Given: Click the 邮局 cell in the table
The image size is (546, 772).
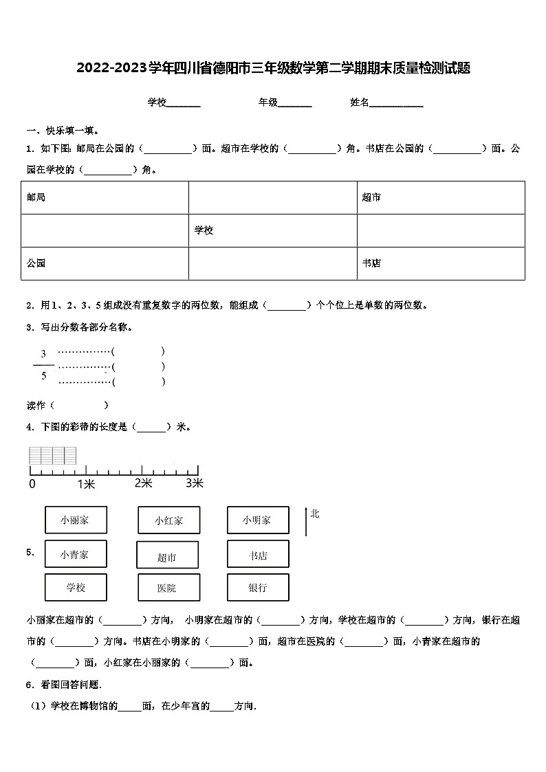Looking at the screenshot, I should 105,197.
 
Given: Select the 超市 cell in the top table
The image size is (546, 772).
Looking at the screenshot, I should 441,197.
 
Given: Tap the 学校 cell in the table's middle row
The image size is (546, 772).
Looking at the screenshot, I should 272,230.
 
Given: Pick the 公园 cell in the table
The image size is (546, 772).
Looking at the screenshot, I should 105,263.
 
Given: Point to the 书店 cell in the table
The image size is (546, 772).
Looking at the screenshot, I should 441,263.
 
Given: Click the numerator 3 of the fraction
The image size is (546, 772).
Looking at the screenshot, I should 43,354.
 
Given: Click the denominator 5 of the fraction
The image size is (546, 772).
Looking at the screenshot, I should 43,375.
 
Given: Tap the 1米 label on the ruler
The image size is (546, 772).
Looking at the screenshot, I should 86,484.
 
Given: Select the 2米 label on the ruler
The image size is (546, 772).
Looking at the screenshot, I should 143,483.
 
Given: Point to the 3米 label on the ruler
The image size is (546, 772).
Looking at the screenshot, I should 195,483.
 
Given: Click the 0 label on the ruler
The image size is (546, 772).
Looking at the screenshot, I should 32,484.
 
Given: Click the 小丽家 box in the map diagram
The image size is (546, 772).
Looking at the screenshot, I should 76,520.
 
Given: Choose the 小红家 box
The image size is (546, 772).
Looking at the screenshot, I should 169,520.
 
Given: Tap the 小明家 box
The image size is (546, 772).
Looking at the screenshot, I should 257,520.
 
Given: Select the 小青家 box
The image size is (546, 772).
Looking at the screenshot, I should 76,554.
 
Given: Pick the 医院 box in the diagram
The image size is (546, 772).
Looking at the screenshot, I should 168,588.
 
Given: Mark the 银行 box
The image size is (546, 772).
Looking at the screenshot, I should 257,588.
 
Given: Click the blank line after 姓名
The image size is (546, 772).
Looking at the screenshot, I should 397,104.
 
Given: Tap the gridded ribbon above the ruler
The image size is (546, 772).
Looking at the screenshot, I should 52,456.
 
